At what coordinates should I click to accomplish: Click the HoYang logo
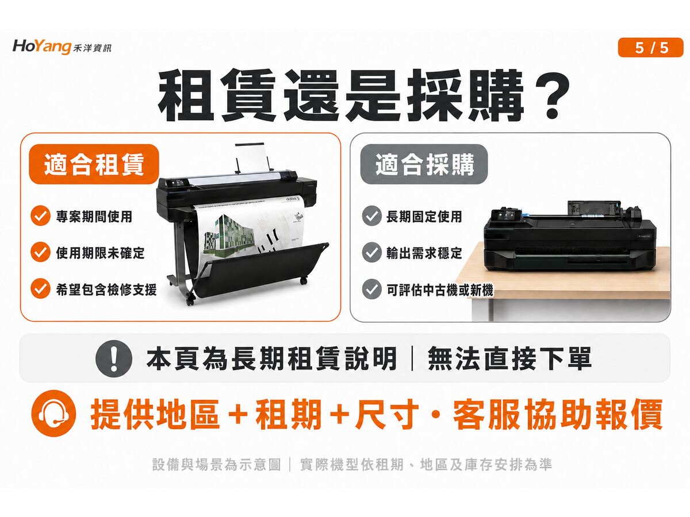[x=62, y=48]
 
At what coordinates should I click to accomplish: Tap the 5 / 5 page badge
[x=650, y=48]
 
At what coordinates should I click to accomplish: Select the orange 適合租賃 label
[x=94, y=164]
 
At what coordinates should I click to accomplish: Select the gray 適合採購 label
[x=424, y=164]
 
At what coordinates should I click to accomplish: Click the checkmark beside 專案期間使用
[x=41, y=215]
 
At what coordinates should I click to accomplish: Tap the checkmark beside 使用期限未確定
[x=41, y=252]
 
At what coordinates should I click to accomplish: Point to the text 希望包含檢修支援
[x=106, y=289]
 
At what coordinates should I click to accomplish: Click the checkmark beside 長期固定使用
[x=372, y=215]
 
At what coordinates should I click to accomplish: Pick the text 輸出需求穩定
[x=424, y=252]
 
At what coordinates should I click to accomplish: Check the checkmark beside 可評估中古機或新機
[x=372, y=289]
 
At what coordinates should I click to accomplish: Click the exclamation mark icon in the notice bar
[x=114, y=358]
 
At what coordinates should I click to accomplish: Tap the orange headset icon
[x=53, y=413]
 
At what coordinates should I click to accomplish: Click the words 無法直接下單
[x=509, y=358]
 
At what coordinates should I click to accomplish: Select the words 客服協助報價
[x=558, y=414]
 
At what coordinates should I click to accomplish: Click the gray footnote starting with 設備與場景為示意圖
[x=352, y=464]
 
